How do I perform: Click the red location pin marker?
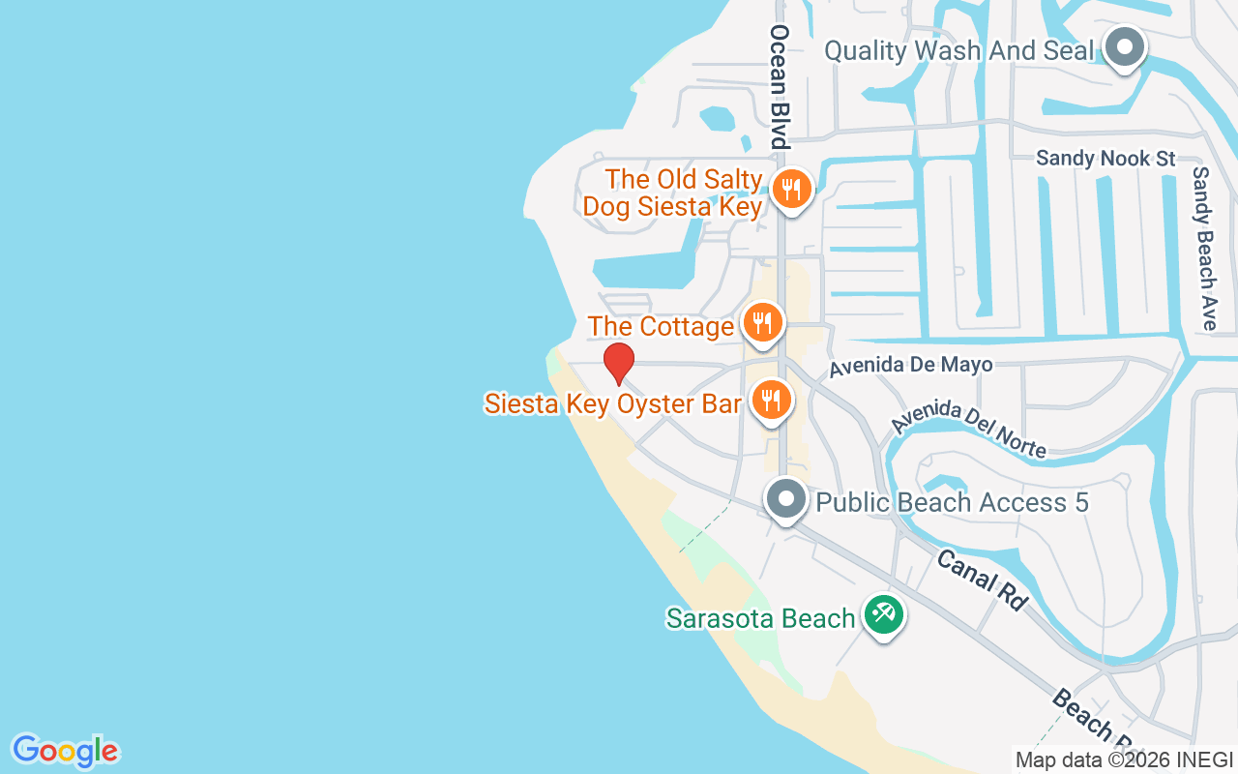(x=619, y=363)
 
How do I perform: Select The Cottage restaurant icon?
(x=762, y=322)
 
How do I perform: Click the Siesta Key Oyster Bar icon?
(x=770, y=399)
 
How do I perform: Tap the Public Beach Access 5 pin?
(x=785, y=500)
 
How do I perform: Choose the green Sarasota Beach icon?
(x=882, y=614)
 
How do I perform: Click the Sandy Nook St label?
(x=1105, y=158)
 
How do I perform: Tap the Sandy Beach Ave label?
(x=1204, y=248)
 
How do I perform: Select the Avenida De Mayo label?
(x=911, y=365)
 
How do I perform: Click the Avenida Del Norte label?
(x=968, y=428)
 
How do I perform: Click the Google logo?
(x=65, y=751)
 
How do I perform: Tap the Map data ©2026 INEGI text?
(x=1124, y=759)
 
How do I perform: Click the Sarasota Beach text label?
(x=760, y=618)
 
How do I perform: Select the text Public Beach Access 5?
(x=952, y=502)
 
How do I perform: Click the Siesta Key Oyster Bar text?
(x=613, y=403)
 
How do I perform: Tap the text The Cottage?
(x=661, y=327)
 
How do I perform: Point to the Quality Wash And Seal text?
(x=958, y=50)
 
